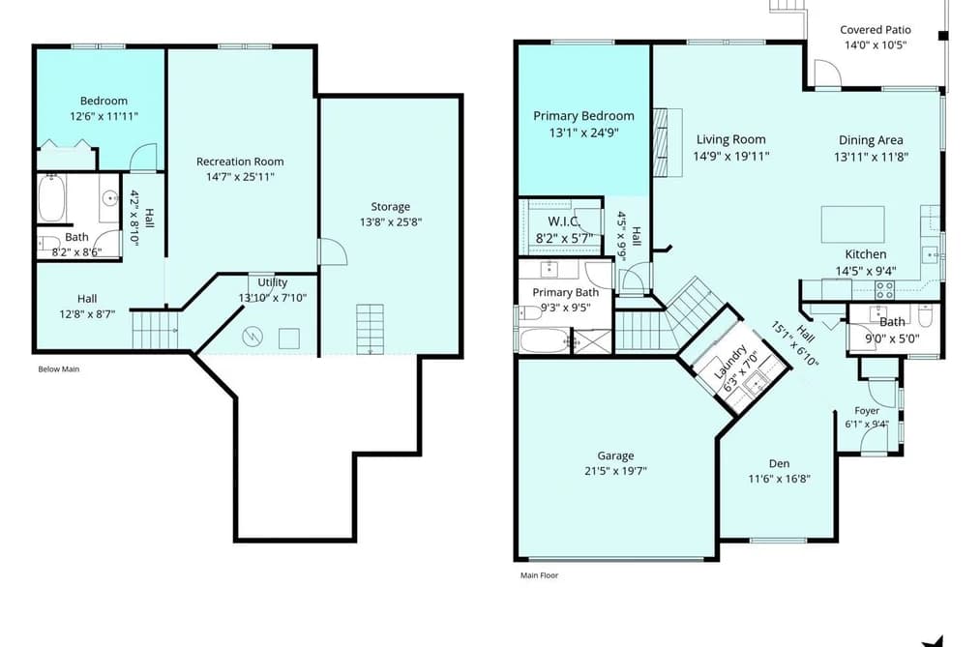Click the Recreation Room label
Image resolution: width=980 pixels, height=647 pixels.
[240, 162]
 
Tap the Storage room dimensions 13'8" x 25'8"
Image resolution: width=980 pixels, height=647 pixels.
[391, 222]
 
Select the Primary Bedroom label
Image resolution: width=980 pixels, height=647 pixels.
[583, 116]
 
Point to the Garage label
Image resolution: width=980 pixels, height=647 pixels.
[615, 456]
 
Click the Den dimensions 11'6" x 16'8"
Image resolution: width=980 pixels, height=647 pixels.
[780, 479]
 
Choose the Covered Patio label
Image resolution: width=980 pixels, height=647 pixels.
[875, 29]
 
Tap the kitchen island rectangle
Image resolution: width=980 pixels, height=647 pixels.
[852, 224]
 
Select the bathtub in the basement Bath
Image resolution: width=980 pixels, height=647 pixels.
[52, 198]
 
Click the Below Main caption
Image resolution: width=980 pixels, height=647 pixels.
[59, 369]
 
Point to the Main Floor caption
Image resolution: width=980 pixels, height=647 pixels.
[540, 575]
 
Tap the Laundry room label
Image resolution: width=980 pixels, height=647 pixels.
[730, 362]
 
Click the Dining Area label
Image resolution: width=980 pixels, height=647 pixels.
[871, 140]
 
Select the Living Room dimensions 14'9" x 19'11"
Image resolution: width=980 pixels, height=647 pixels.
[730, 156]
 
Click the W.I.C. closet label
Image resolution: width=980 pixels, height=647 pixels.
[564, 221]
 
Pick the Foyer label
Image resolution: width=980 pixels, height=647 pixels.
[867, 411]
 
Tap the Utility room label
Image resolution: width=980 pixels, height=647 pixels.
[273, 282]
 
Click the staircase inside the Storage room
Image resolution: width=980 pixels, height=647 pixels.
[370, 329]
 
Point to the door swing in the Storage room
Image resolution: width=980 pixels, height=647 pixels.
[333, 251]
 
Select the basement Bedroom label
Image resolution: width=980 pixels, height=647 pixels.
[104, 102]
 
